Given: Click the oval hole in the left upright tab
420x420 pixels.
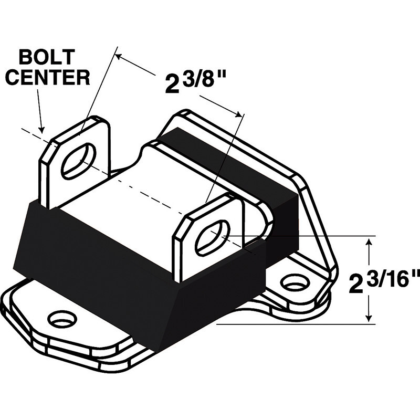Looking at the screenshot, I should [79, 160].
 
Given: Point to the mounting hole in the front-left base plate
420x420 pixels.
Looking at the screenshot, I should [62, 318].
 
